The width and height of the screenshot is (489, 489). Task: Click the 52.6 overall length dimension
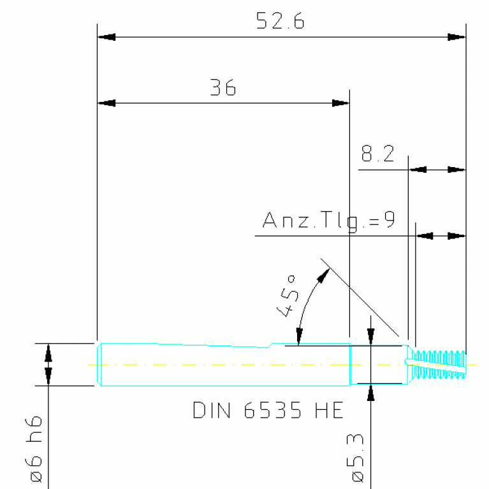(x=280, y=21)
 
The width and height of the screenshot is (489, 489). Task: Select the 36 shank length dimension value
(x=223, y=87)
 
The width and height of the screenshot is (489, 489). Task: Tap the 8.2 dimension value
(x=377, y=154)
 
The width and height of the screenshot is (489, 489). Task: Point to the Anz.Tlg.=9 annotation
(x=329, y=221)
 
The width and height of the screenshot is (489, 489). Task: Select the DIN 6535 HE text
(x=268, y=410)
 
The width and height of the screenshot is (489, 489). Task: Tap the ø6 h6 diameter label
(x=33, y=449)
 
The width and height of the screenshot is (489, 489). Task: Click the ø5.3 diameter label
(x=355, y=458)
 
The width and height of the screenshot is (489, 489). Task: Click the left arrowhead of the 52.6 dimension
(x=106, y=37)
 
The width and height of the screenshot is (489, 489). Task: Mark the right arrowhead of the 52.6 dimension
(x=456, y=37)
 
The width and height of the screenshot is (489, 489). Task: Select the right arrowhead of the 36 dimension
(x=340, y=103)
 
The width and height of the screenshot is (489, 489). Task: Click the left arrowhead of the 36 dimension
(x=106, y=103)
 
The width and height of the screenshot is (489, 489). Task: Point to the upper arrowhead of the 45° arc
(x=323, y=275)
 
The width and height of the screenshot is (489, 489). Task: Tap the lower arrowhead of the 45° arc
(x=300, y=337)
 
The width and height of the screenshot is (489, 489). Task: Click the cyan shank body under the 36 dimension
(x=224, y=365)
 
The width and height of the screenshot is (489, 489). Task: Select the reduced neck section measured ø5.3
(x=379, y=365)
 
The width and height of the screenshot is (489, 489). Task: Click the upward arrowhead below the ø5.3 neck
(x=371, y=392)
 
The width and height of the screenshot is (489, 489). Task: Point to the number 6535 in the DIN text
(x=273, y=410)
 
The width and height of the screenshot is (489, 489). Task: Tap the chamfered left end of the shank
(x=99, y=365)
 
